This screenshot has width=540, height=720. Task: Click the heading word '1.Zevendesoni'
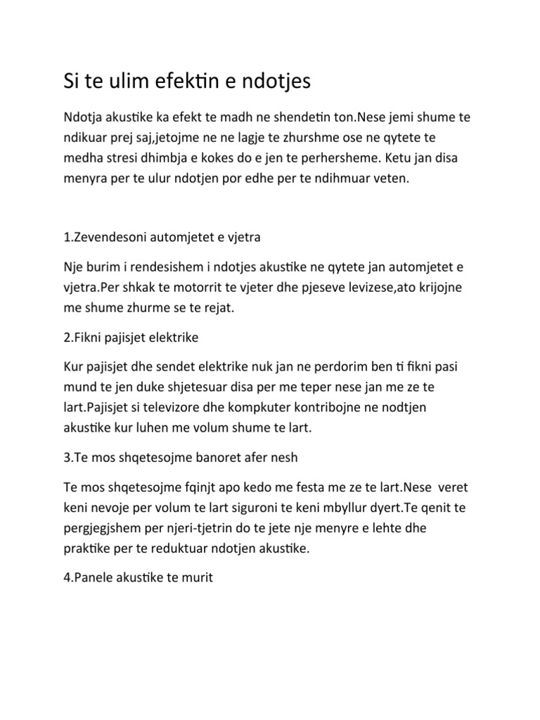click(108, 237)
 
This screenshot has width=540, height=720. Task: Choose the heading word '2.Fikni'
click(85, 338)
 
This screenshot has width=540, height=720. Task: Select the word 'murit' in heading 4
click(198, 579)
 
